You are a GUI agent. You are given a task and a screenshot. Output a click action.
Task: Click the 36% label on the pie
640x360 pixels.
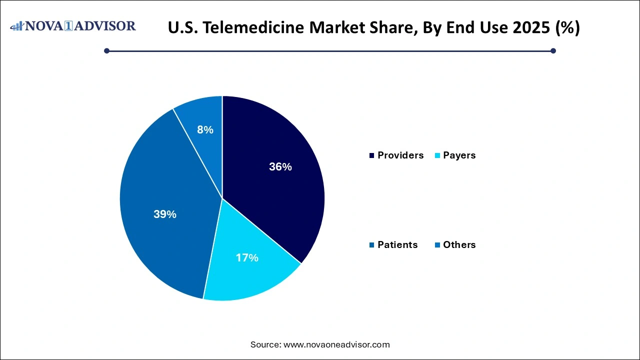280,167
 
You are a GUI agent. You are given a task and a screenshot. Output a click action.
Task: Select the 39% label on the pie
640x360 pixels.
165,214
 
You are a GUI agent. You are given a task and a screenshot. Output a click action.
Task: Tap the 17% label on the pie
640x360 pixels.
247,258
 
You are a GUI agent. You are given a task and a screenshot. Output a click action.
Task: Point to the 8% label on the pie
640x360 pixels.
205,130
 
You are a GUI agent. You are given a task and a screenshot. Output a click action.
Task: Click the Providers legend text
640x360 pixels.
400,155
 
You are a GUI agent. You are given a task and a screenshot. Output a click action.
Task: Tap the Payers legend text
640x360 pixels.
459,155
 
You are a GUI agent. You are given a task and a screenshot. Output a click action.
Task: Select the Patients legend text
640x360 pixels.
397,245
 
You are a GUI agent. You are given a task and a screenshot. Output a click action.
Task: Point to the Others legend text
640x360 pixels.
459,245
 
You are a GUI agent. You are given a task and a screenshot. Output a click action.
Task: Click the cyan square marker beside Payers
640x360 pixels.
438,156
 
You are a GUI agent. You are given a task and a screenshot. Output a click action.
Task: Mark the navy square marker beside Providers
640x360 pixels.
372,156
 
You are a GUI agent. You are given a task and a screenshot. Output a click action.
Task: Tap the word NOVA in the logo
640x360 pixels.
46,26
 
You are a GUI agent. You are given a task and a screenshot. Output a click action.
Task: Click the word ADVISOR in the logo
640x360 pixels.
105,26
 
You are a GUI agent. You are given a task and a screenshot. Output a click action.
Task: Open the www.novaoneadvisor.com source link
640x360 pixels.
336,344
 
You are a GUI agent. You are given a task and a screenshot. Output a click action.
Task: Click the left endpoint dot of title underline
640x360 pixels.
106,50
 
